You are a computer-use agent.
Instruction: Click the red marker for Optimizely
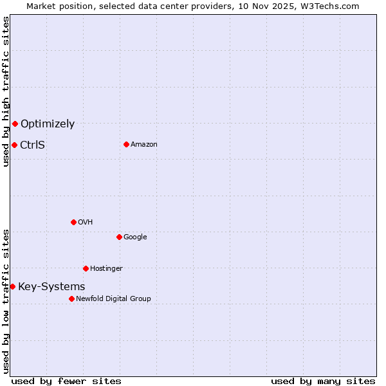(15, 124)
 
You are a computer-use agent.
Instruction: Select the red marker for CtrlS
(14, 145)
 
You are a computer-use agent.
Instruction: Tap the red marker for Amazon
(126, 144)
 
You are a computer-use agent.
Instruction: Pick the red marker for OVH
(73, 222)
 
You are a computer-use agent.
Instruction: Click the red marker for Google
(119, 237)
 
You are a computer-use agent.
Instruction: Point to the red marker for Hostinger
(86, 268)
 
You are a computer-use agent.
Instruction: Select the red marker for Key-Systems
(12, 286)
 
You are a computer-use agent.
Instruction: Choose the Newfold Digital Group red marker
(71, 299)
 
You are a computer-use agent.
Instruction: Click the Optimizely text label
(48, 124)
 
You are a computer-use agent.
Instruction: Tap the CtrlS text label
(33, 145)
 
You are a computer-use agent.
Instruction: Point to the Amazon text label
(144, 145)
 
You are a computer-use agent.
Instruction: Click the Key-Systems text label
(51, 287)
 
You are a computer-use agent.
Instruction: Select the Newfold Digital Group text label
(113, 299)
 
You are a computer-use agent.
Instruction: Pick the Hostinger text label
(106, 269)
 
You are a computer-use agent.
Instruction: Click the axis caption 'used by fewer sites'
(66, 381)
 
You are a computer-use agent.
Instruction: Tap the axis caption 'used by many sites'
(323, 381)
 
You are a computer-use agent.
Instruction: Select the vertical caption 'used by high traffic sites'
(6, 92)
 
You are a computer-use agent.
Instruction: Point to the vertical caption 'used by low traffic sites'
(6, 301)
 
